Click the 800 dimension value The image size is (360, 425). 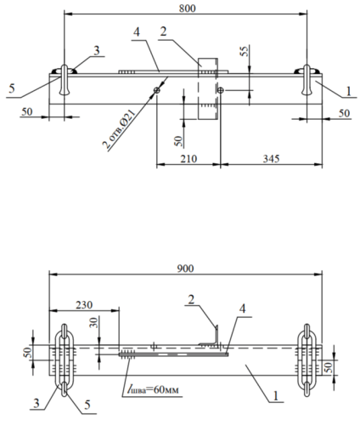pos(187,8)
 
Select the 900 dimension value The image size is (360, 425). pos(185,269)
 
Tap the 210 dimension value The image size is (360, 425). pos(188,159)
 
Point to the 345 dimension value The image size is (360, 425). pos(271,159)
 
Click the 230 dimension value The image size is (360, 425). pos(84,305)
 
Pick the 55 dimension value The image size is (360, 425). pos(245,51)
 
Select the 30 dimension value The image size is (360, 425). pos(93,323)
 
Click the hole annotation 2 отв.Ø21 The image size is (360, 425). pos(119,129)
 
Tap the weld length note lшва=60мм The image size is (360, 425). pos(153,389)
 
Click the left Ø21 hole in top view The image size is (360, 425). pos(157,90)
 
